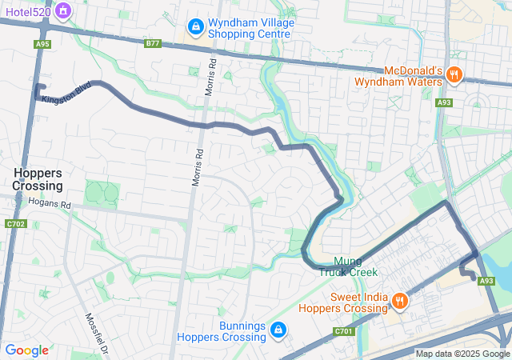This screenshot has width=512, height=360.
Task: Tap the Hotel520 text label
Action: coord(27,11)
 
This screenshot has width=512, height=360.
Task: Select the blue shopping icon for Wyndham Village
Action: coord(195,28)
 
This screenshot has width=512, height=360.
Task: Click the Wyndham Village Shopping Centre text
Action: coord(250,28)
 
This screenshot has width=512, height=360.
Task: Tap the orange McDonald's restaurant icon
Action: coord(454,74)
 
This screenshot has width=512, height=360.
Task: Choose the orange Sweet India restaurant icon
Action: coord(398,301)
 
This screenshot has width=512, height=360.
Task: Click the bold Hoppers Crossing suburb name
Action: coord(38,178)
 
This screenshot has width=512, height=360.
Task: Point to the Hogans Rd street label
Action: coord(50,204)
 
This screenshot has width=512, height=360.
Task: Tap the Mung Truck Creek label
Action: coord(348,266)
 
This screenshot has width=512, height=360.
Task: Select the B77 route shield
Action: coord(153,44)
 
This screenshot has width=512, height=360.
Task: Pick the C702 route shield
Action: coord(15,224)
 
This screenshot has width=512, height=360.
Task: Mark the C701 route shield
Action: coord(343,330)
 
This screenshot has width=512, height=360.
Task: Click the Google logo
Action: coord(26,350)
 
